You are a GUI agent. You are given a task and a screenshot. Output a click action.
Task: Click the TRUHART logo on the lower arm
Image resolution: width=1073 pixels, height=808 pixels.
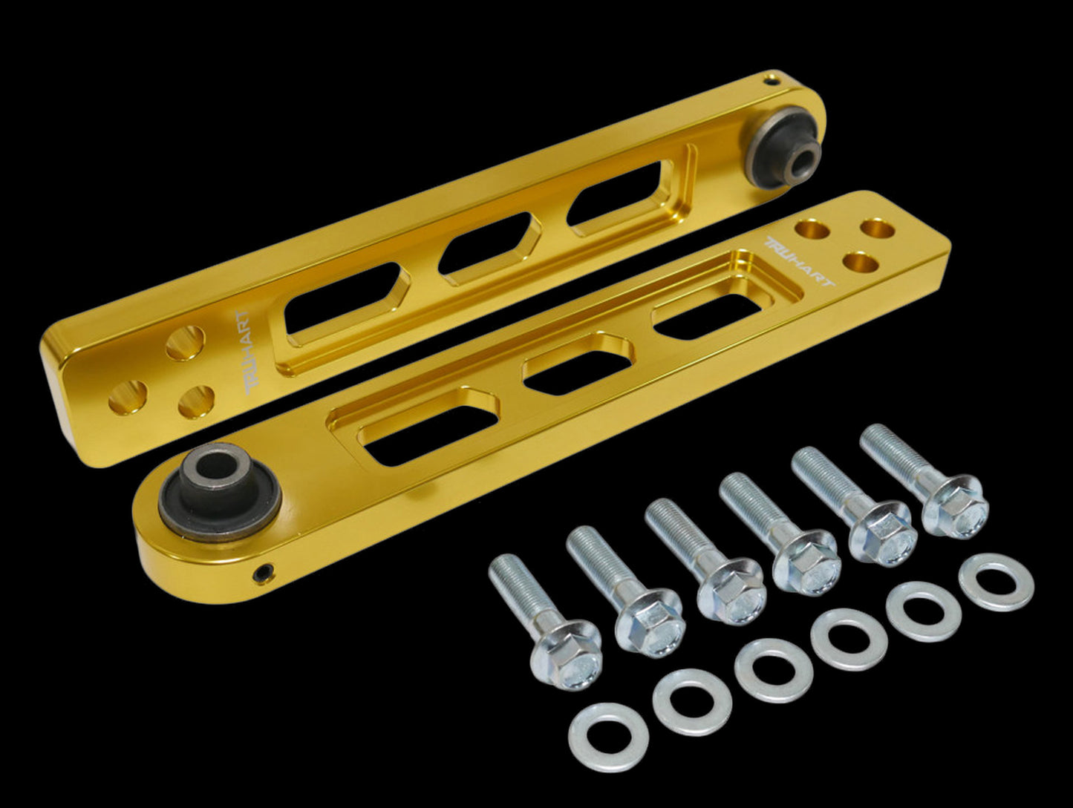[x=798, y=262]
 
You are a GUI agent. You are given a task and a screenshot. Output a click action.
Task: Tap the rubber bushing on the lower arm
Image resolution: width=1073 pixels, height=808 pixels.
[x=220, y=493]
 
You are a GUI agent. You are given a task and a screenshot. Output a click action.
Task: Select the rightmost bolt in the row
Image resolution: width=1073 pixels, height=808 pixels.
[x=921, y=482]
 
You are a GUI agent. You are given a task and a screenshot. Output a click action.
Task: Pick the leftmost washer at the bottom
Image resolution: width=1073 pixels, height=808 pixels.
[x=608, y=738]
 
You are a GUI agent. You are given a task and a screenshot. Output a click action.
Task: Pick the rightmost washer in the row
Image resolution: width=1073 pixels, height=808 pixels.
[x=996, y=582]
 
